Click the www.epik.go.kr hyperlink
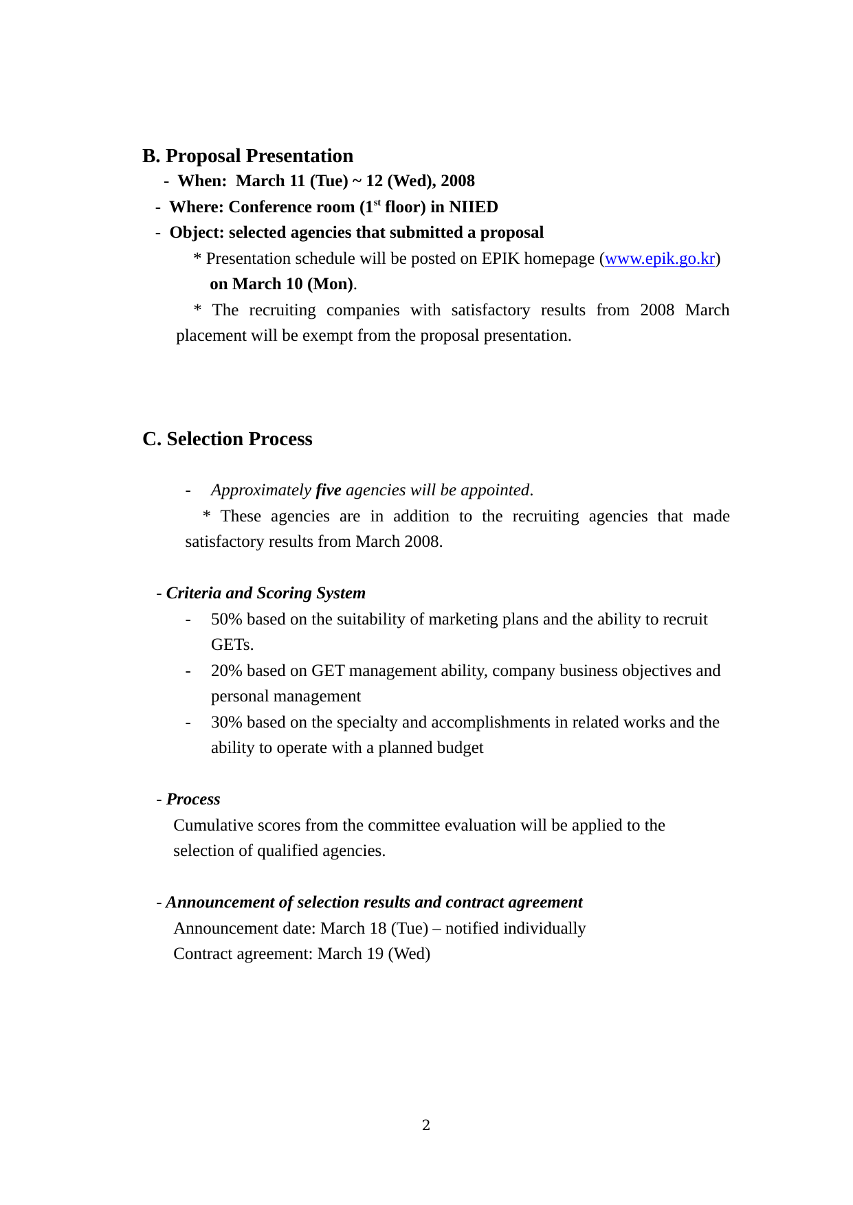pyautogui.click(x=659, y=259)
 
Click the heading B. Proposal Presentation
pyautogui.click(x=247, y=156)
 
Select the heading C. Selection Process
pyautogui.click(x=227, y=439)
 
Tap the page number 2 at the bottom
pyautogui.click(x=426, y=1125)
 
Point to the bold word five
pyautogui.click(x=329, y=491)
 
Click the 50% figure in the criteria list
pyautogui.click(x=226, y=620)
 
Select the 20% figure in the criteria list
pyautogui.click(x=226, y=671)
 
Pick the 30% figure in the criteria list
pyautogui.click(x=226, y=723)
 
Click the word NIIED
pyautogui.click(x=474, y=207)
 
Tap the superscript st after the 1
pyautogui.click(x=377, y=203)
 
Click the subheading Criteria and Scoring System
pyautogui.click(x=266, y=594)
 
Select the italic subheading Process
pyautogui.click(x=193, y=800)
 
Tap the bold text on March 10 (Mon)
pyautogui.click(x=281, y=284)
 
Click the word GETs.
pyautogui.click(x=232, y=645)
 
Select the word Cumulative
pyautogui.click(x=210, y=826)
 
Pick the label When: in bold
pyautogui.click(x=202, y=181)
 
